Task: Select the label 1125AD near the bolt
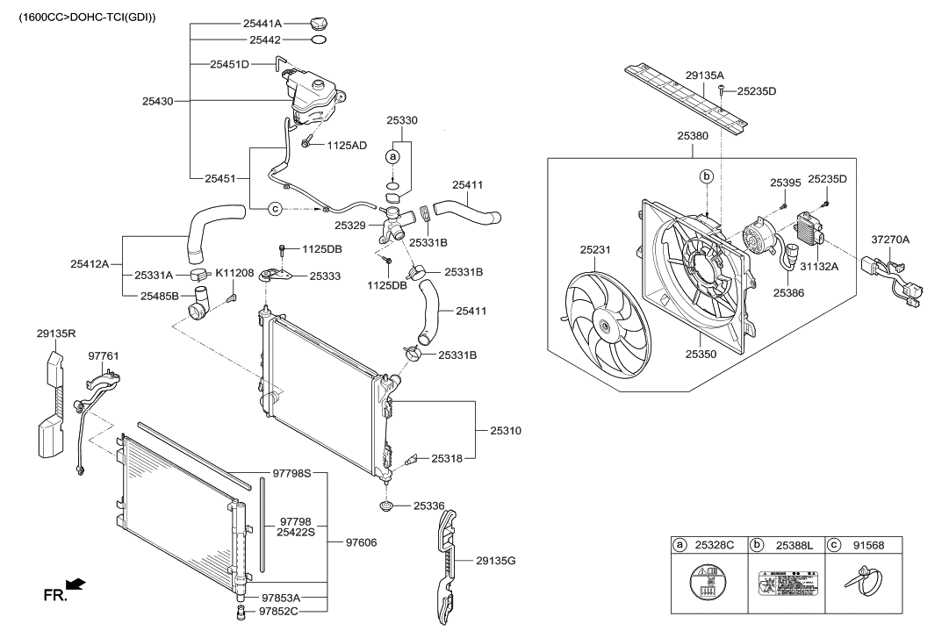pyautogui.click(x=347, y=145)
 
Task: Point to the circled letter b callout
pyautogui.click(x=707, y=176)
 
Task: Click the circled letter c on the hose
pyautogui.click(x=274, y=208)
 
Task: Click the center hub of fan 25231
pyautogui.click(x=603, y=326)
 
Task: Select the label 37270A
pyautogui.click(x=890, y=239)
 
